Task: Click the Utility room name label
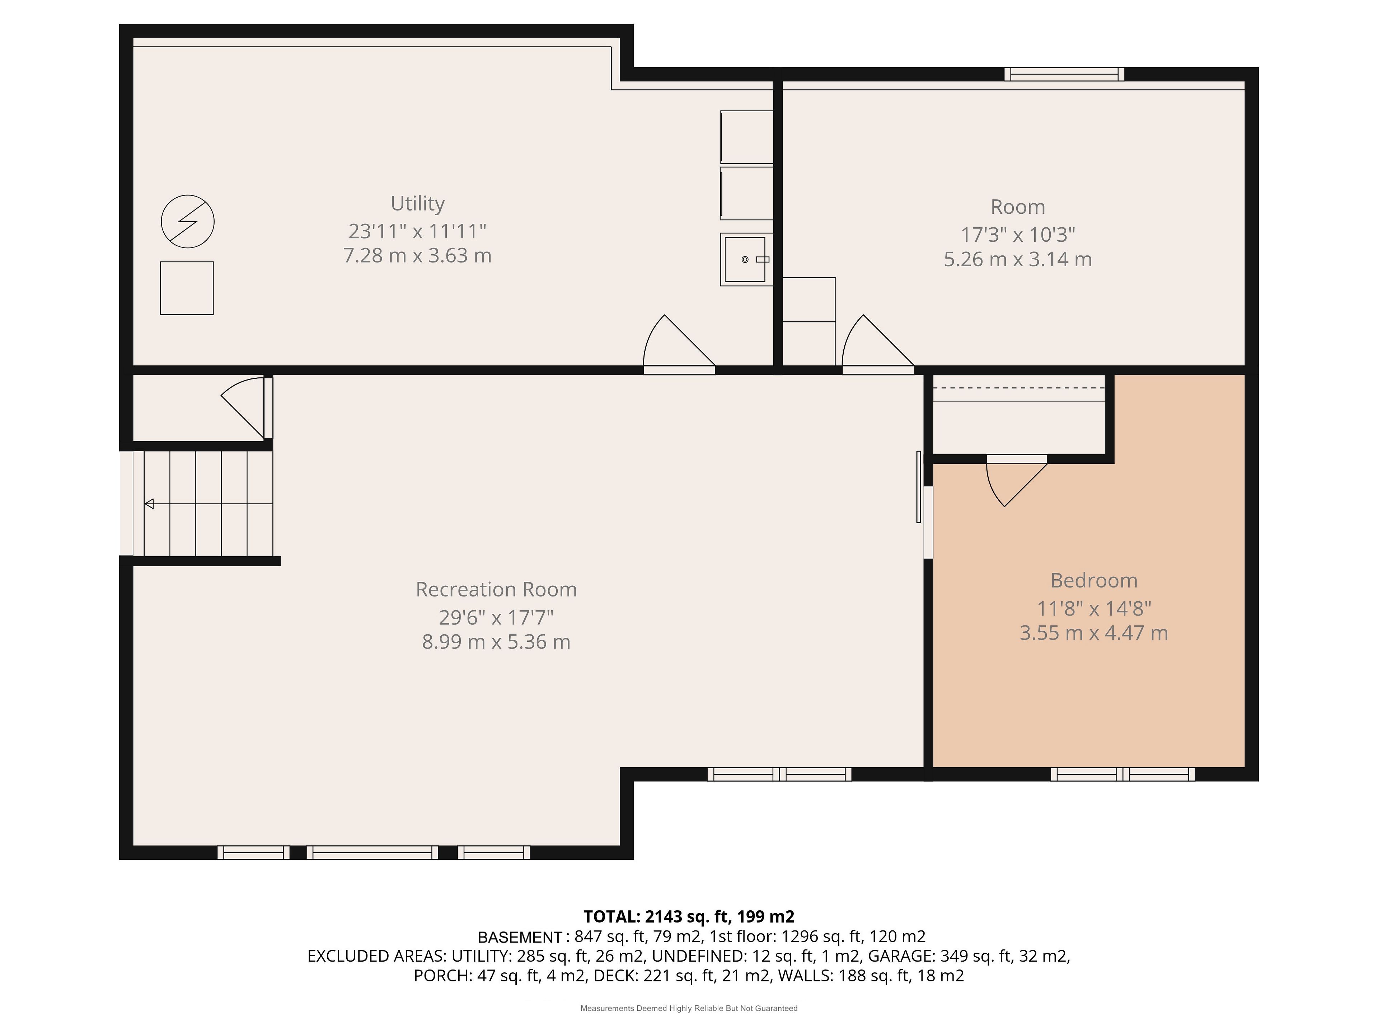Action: (417, 204)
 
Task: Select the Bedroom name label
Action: (1094, 580)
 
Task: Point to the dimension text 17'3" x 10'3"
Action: (1018, 235)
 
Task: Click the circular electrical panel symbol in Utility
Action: (188, 222)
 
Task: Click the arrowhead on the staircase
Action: (149, 503)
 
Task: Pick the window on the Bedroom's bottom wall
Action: (1122, 774)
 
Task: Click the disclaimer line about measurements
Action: (689, 1008)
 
